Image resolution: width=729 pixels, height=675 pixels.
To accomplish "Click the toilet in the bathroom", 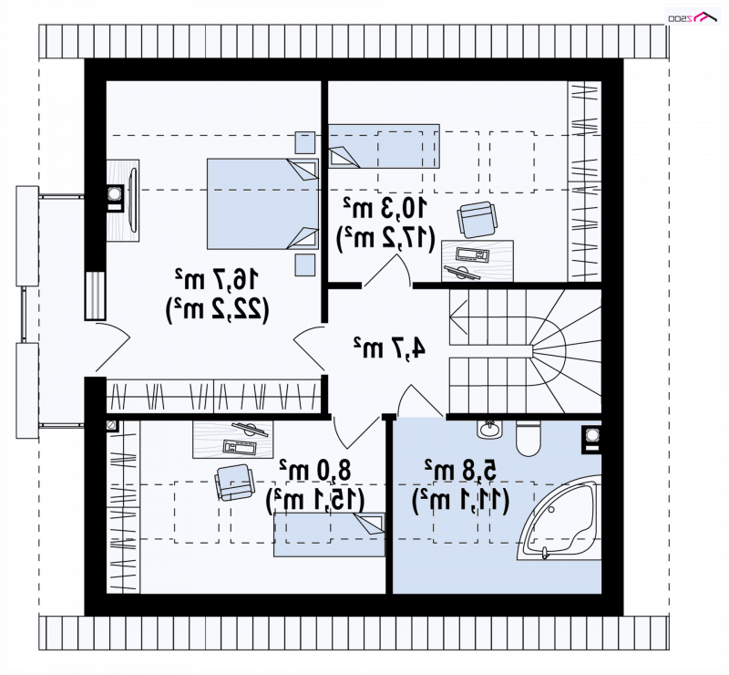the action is point(528,438).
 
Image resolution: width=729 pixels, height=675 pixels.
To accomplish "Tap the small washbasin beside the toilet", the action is point(489,429).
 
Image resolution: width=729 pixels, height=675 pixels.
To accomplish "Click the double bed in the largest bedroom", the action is point(262,204).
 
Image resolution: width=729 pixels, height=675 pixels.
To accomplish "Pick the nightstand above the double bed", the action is point(305,142).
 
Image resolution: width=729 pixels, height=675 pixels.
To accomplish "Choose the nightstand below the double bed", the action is point(305,265).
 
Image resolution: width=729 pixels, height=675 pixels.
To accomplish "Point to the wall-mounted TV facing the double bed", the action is point(132,200).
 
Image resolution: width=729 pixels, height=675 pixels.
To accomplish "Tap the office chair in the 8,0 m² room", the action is point(235,483).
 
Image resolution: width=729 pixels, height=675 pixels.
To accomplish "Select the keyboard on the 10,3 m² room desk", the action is point(472,254).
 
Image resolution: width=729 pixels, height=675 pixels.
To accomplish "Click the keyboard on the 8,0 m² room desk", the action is point(240,447).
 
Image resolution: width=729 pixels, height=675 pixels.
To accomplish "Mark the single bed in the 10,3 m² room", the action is point(384,146).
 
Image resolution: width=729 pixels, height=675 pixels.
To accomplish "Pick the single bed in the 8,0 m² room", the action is point(329,535).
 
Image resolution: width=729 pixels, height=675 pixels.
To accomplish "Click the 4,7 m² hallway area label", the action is point(390,348).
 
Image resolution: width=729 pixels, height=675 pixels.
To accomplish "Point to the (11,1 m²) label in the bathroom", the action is point(460,501).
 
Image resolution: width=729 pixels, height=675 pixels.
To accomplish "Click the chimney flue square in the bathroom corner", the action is point(591,439).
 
